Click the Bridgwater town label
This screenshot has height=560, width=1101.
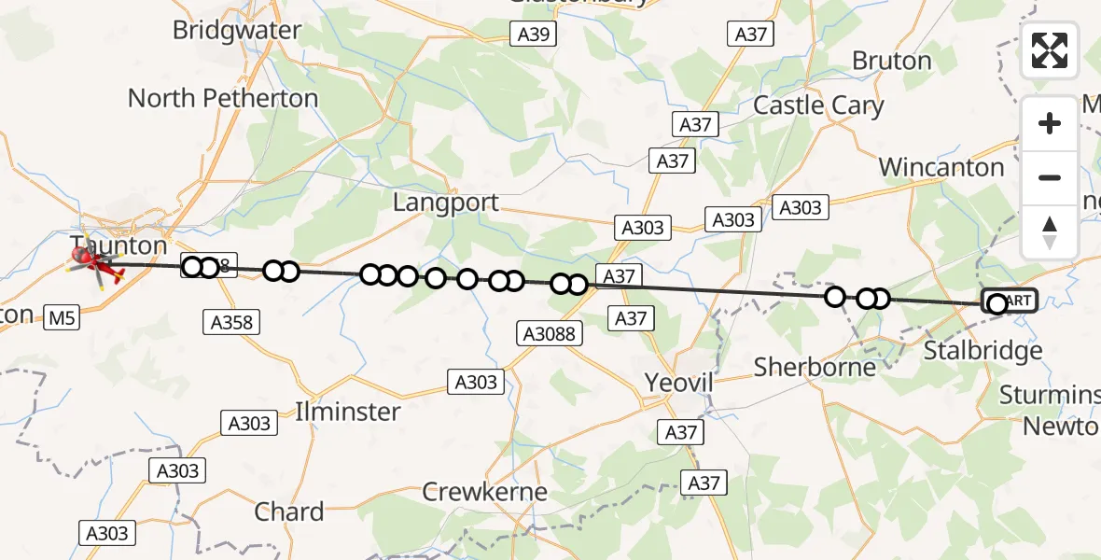click(237, 30)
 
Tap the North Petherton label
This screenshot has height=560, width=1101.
click(222, 98)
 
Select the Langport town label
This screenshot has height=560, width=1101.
click(446, 203)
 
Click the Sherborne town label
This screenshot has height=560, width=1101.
click(815, 367)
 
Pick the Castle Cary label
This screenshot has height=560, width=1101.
click(818, 105)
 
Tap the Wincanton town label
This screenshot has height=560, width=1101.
click(941, 168)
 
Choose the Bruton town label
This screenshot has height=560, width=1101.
click(891, 62)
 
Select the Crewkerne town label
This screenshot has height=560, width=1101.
click(484, 492)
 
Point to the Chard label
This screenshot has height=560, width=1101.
click(289, 512)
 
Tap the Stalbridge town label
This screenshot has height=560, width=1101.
click(983, 351)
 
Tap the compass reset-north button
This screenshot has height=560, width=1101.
click(1050, 232)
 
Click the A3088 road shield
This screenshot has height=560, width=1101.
click(550, 332)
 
